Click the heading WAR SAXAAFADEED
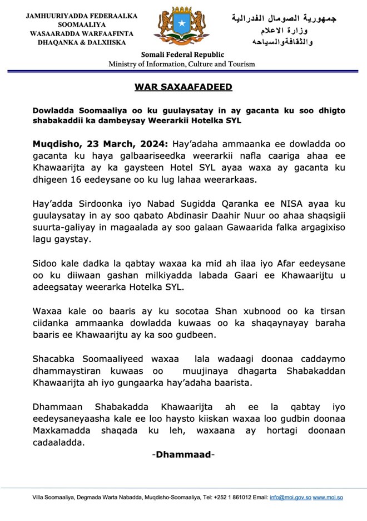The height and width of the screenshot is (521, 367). click(x=183, y=87)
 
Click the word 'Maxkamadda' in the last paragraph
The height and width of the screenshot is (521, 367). click(x=58, y=430)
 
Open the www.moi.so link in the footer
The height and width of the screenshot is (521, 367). click(x=328, y=496)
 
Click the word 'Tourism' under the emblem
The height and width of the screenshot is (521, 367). click(x=240, y=64)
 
